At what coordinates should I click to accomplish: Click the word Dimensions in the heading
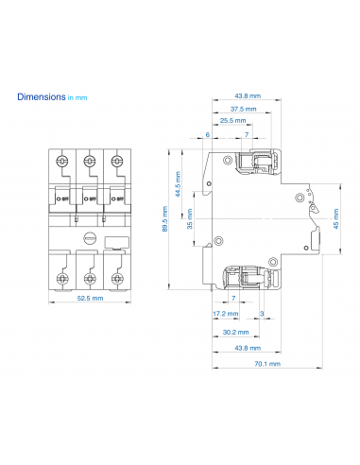(41, 96)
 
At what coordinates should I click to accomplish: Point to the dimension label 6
(208, 135)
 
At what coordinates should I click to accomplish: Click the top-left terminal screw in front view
(62, 162)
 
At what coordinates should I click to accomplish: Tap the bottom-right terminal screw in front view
(117, 278)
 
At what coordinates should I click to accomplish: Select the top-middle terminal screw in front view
(90, 162)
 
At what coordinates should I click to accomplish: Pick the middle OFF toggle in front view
(90, 199)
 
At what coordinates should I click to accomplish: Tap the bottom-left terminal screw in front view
(62, 278)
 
